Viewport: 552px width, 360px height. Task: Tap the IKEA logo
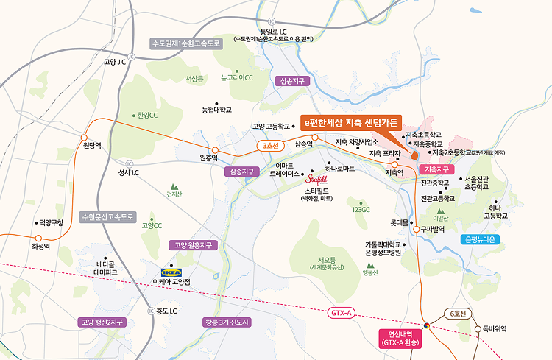click(x=171, y=272)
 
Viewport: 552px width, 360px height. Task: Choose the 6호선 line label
click(x=459, y=313)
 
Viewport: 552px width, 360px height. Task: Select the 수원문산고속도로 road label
click(x=108, y=216)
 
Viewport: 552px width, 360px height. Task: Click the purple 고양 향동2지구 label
click(x=104, y=322)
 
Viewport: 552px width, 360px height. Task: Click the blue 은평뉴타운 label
click(x=482, y=239)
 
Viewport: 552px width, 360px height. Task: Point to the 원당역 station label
click(x=91, y=145)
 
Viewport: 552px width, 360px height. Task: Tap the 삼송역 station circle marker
click(x=314, y=137)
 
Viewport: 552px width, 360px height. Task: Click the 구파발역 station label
click(x=434, y=229)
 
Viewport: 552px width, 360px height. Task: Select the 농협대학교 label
click(x=216, y=110)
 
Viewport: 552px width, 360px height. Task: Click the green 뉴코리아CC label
click(x=237, y=77)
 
